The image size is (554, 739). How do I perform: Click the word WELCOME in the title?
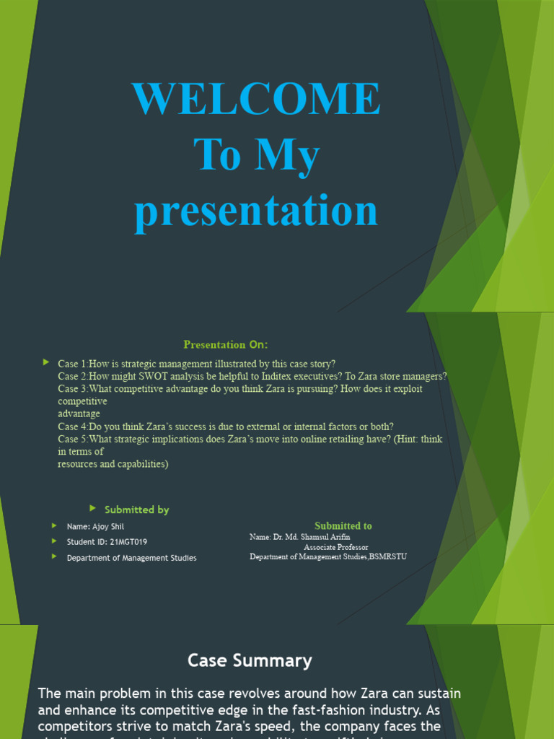click(x=256, y=99)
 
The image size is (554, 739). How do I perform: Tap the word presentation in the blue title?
click(x=256, y=212)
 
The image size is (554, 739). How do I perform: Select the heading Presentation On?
click(x=226, y=344)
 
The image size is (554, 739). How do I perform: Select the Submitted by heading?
click(x=137, y=510)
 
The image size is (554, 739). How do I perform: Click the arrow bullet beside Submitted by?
click(x=92, y=509)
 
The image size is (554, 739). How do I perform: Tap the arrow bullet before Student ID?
click(x=53, y=541)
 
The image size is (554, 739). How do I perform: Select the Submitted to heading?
click(x=343, y=526)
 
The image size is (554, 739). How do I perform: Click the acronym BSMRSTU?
click(x=388, y=556)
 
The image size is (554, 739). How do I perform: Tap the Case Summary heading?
click(x=250, y=660)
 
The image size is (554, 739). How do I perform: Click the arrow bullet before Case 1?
click(x=46, y=362)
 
